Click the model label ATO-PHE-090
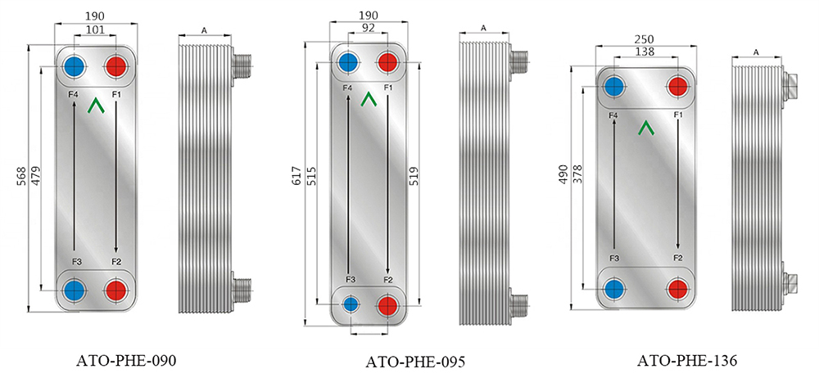pyautogui.click(x=126, y=360)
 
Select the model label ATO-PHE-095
pyautogui.click(x=415, y=362)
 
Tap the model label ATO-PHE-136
pyautogui.click(x=686, y=360)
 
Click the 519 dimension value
pyautogui.click(x=428, y=178)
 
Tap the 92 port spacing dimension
pyautogui.click(x=368, y=28)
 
